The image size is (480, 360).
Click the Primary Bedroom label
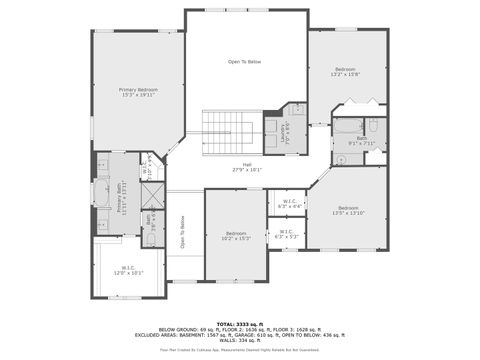tap(138, 92)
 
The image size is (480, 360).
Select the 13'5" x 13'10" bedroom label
tap(349, 210)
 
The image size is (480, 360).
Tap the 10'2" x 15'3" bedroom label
tap(236, 235)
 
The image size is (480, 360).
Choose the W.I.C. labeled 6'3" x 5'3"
tap(286, 234)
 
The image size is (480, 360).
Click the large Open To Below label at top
tap(245, 62)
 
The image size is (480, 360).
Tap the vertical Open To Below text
tap(182, 232)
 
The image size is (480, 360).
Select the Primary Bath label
tap(120, 198)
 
